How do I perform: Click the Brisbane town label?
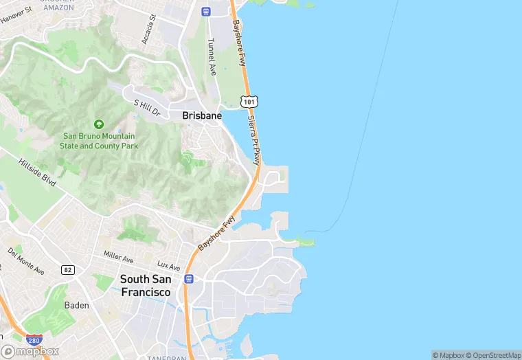[x=202, y=116]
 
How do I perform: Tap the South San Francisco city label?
[x=146, y=285]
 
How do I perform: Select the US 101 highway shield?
[x=249, y=102]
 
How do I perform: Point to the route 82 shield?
[x=68, y=270]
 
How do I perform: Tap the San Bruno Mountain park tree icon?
[x=98, y=124]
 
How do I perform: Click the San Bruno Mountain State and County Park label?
[x=99, y=141]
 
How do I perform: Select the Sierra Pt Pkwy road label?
[x=255, y=139]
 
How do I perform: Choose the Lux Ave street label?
[x=168, y=266]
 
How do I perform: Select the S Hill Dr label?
[x=146, y=109]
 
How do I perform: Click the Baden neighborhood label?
[x=76, y=305]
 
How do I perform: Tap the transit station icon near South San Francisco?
[x=189, y=278]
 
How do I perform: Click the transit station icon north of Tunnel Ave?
[x=205, y=11]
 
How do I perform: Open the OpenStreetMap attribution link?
[x=493, y=355]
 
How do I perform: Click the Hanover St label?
[x=16, y=14]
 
